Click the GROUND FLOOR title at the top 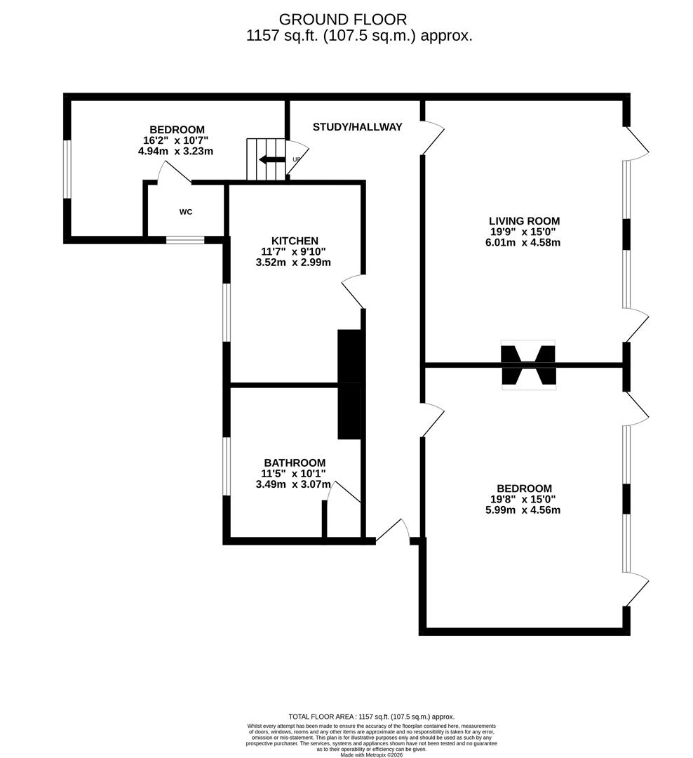click(x=342, y=19)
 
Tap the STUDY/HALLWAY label click(x=357, y=127)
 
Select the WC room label click(x=186, y=212)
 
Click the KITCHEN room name click(x=295, y=241)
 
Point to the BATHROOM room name click(x=295, y=463)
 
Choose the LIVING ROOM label click(x=524, y=221)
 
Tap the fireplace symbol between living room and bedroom click(x=528, y=365)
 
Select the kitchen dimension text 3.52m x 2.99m click(x=293, y=262)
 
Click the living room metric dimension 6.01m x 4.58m click(x=524, y=243)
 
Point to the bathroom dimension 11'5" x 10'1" click(x=293, y=474)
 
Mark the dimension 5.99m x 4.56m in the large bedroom click(x=523, y=510)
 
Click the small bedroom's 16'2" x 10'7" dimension click(x=177, y=140)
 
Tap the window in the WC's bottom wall click(x=185, y=240)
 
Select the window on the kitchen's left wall click(x=227, y=312)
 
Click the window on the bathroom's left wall click(x=227, y=466)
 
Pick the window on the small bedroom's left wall click(x=67, y=169)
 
